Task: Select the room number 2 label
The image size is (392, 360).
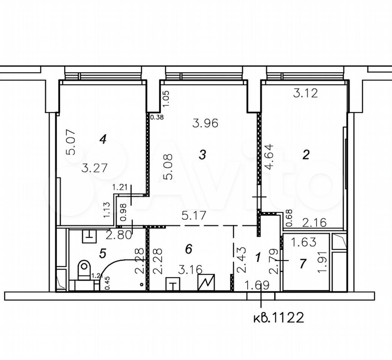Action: pos(306,155)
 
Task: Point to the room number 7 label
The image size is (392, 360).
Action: pos(303,264)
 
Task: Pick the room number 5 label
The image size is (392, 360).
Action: pos(102,253)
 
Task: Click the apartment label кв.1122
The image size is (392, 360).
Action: pos(279,318)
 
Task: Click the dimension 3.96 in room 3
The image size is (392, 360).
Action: pos(206,123)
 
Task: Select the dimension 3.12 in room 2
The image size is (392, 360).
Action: pos(305,93)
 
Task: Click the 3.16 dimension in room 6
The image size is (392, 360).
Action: pos(190,270)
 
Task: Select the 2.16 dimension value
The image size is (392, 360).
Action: pos(314,222)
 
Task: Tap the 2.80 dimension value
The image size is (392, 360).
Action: pos(119,235)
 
